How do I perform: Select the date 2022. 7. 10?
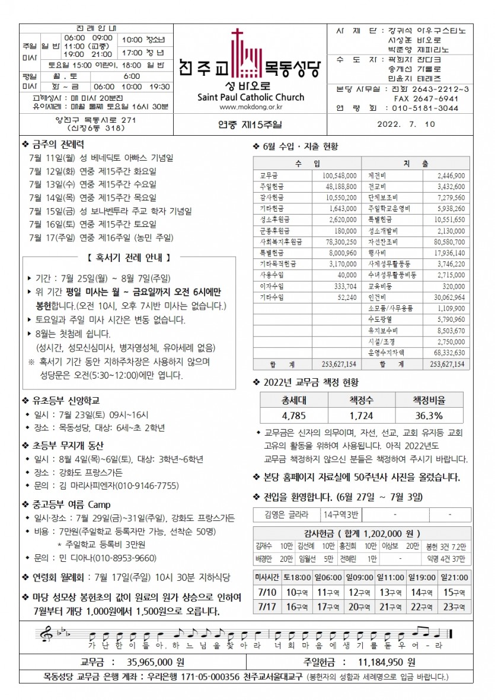click(405, 124)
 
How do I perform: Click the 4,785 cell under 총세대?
click(293, 415)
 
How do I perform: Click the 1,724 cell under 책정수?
click(361, 415)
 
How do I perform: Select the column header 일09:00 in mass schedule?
click(360, 577)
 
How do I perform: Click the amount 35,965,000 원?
click(156, 661)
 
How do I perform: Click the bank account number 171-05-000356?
click(209, 676)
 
